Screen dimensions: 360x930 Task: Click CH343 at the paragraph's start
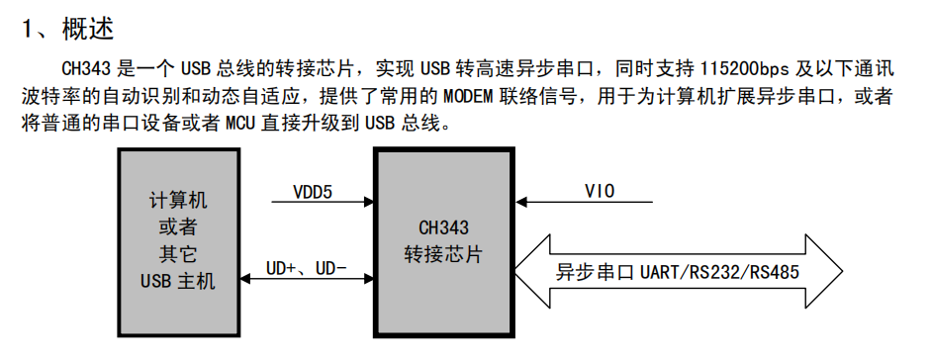pyautogui.click(x=84, y=70)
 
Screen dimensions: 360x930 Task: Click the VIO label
pyautogui.click(x=600, y=190)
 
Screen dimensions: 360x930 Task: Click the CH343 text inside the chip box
pyautogui.click(x=444, y=226)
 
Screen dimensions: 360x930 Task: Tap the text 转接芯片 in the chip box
pyautogui.click(x=444, y=253)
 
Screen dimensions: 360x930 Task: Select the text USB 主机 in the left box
pyautogui.click(x=178, y=280)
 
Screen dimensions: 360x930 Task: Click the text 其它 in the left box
pyautogui.click(x=178, y=253)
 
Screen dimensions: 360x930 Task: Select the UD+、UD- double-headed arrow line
pyautogui.click(x=307, y=281)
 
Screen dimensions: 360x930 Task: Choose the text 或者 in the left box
pyautogui.click(x=178, y=226)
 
